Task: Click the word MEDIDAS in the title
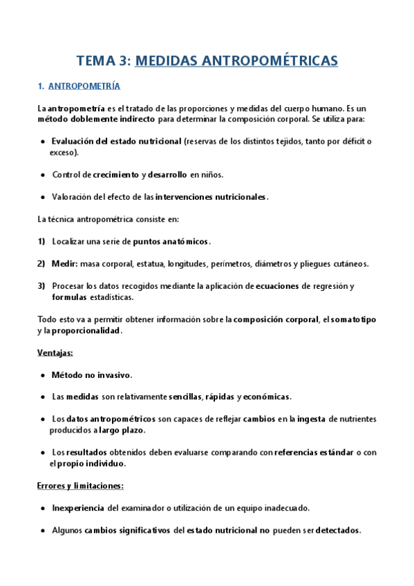(164, 61)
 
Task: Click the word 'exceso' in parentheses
(62, 152)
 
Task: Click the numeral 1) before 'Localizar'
(41, 241)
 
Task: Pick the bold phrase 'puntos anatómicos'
(171, 241)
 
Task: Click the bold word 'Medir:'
(64, 263)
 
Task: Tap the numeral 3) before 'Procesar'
(41, 286)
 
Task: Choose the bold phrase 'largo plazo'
(121, 430)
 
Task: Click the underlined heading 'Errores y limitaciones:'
(79, 486)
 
